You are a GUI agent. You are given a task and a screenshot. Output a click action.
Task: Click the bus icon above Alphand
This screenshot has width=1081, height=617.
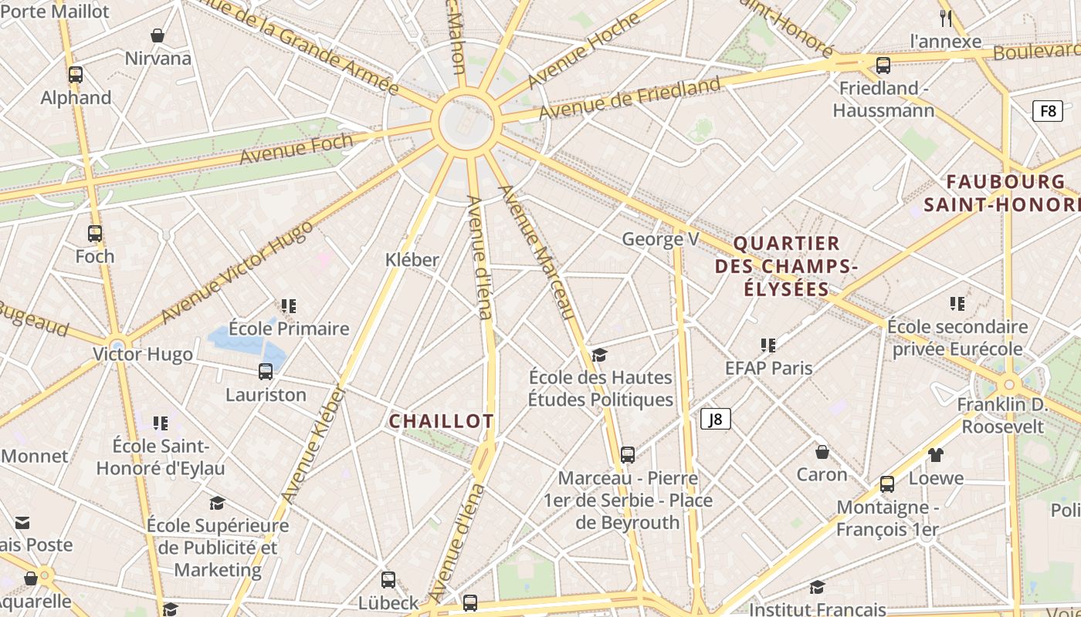pyautogui.click(x=76, y=75)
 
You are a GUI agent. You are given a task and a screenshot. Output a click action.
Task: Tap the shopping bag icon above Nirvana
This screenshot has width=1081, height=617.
pyautogui.click(x=158, y=35)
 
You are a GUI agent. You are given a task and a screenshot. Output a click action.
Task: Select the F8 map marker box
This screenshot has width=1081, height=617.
pyautogui.click(x=1047, y=110)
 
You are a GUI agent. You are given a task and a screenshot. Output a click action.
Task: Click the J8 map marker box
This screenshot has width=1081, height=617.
pyautogui.click(x=716, y=419)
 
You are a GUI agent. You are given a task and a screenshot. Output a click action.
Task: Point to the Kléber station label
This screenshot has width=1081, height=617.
pyautogui.click(x=412, y=260)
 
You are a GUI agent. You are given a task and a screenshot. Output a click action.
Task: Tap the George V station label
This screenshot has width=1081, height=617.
pyautogui.click(x=660, y=239)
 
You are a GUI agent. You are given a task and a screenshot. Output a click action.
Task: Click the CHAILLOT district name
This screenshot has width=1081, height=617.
pyautogui.click(x=441, y=421)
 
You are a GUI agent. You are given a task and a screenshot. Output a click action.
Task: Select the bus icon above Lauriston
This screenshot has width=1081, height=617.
pyautogui.click(x=266, y=372)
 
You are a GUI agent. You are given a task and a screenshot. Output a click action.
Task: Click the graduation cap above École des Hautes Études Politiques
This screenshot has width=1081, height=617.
pyautogui.click(x=600, y=355)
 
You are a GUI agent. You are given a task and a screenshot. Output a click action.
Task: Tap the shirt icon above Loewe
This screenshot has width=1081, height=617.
pyautogui.click(x=936, y=454)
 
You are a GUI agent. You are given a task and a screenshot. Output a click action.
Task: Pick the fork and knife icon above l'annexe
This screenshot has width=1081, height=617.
pyautogui.click(x=946, y=17)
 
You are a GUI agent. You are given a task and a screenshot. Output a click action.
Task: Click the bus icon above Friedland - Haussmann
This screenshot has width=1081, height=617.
pyautogui.click(x=883, y=65)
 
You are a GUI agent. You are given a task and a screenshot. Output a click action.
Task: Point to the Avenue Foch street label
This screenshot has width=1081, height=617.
pyautogui.click(x=296, y=150)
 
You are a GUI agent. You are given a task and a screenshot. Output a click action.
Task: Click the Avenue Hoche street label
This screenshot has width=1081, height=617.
pyautogui.click(x=584, y=52)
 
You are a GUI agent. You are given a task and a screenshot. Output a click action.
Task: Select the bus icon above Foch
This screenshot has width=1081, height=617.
pyautogui.click(x=95, y=233)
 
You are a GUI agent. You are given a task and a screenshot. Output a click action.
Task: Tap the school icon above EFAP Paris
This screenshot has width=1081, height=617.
pyautogui.click(x=768, y=345)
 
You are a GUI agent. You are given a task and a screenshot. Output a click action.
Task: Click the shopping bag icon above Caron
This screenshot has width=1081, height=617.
pyautogui.click(x=822, y=451)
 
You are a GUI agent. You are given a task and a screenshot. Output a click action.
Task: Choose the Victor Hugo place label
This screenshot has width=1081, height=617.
pyautogui.click(x=143, y=354)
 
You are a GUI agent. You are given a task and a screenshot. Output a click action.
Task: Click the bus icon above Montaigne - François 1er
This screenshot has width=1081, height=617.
pyautogui.click(x=887, y=484)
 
